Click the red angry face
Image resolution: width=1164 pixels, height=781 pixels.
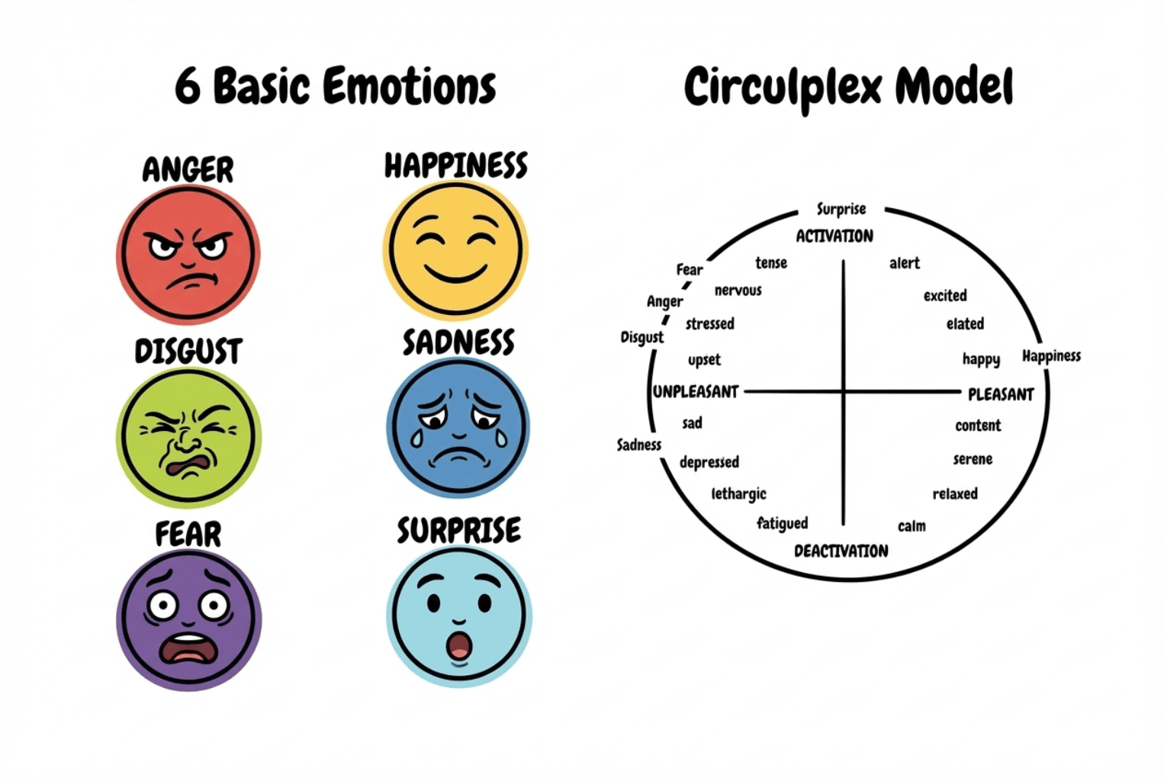pyautogui.click(x=188, y=255)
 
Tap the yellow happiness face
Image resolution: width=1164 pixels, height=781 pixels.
pyautogui.click(x=455, y=249)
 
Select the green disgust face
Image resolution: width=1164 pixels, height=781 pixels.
pyautogui.click(x=188, y=437)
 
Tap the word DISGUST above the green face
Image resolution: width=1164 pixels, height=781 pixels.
pyautogui.click(x=188, y=351)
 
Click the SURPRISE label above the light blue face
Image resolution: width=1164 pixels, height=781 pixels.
pyautogui.click(x=459, y=530)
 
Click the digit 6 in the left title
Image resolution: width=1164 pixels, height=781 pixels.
pyautogui.click(x=188, y=87)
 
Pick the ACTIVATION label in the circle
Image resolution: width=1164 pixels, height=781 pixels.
pyautogui.click(x=834, y=236)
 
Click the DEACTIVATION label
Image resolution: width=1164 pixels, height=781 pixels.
pyautogui.click(x=841, y=551)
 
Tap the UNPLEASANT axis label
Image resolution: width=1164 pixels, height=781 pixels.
pyautogui.click(x=696, y=391)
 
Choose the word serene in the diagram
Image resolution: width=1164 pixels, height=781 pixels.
pyautogui.click(x=973, y=459)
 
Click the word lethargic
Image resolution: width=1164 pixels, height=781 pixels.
pyautogui.click(x=738, y=493)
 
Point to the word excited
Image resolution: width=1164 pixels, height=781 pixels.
pyautogui.click(x=945, y=296)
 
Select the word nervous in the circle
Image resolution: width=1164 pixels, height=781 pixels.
pyautogui.click(x=738, y=290)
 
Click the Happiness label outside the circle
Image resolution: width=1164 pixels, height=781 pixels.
pyautogui.click(x=1051, y=356)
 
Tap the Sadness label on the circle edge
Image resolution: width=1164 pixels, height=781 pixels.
pyautogui.click(x=638, y=445)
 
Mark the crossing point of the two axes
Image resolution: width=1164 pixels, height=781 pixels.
pyautogui.click(x=844, y=391)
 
